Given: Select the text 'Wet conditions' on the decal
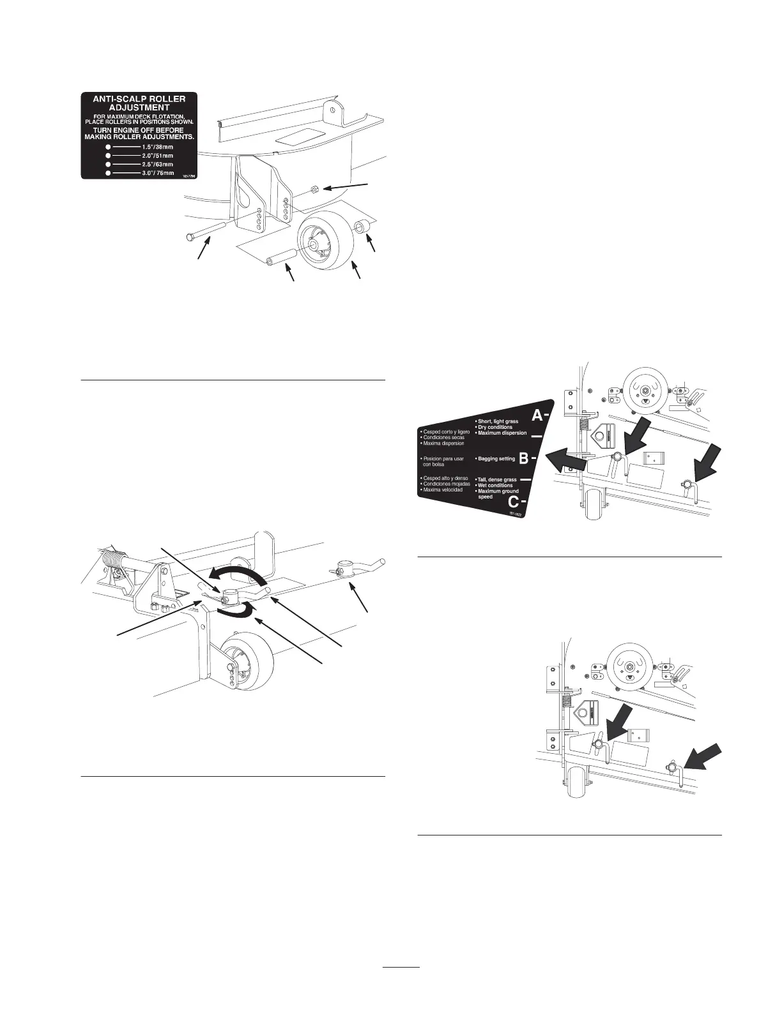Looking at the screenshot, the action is [495, 485].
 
